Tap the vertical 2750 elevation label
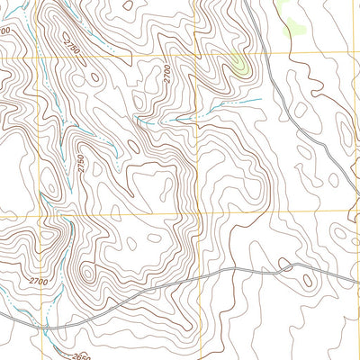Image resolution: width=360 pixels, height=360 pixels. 80,165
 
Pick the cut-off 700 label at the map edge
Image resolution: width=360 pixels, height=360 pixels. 4,31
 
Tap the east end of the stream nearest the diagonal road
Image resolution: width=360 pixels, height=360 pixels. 260,98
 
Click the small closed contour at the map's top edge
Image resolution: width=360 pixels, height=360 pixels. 129,4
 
